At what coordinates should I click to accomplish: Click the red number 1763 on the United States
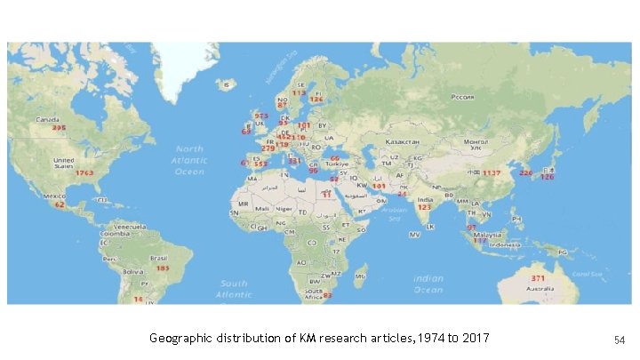click(x=84, y=172)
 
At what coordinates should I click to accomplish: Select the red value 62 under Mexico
click(x=60, y=204)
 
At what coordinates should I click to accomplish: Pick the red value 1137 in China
click(x=492, y=172)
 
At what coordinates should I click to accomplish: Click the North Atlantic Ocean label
click(x=188, y=160)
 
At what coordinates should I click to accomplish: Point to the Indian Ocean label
click(x=428, y=284)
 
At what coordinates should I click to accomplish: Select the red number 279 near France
click(x=268, y=148)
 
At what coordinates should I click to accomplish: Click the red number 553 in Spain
click(x=260, y=164)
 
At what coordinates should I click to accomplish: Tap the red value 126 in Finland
click(x=316, y=99)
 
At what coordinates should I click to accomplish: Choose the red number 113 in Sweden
click(x=299, y=92)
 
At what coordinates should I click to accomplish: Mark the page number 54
click(x=620, y=340)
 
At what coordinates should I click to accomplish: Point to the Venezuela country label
click(x=127, y=216)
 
